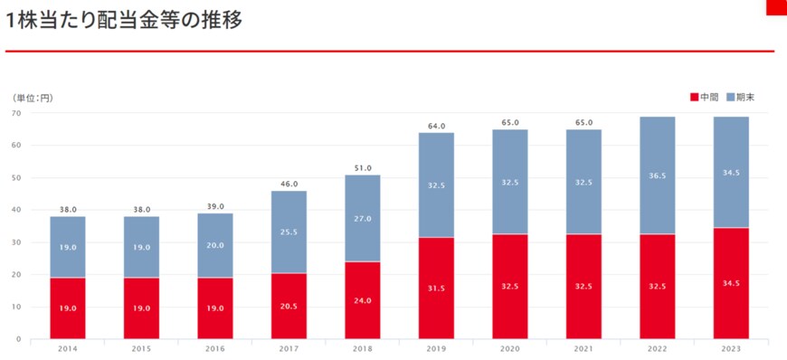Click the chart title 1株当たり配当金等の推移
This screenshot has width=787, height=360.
[125, 20]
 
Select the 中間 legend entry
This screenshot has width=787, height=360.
[705, 97]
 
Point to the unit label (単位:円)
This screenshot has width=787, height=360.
[33, 98]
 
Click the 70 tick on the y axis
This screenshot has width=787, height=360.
[16, 113]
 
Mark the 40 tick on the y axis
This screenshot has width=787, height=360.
[16, 210]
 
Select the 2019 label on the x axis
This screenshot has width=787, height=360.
[436, 347]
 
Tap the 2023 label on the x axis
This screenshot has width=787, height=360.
[731, 347]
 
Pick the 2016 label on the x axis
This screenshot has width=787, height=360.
[215, 347]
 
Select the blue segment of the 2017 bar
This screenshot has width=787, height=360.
[289, 231]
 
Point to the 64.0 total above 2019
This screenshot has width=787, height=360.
[436, 126]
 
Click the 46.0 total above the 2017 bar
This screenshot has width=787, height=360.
[289, 184]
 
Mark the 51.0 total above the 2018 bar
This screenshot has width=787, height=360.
[363, 167]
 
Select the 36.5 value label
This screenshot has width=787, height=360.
[658, 175]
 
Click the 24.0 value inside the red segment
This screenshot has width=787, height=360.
[363, 300]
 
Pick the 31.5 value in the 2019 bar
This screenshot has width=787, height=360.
[436, 289]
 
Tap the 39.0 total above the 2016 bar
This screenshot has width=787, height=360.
[215, 206]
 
